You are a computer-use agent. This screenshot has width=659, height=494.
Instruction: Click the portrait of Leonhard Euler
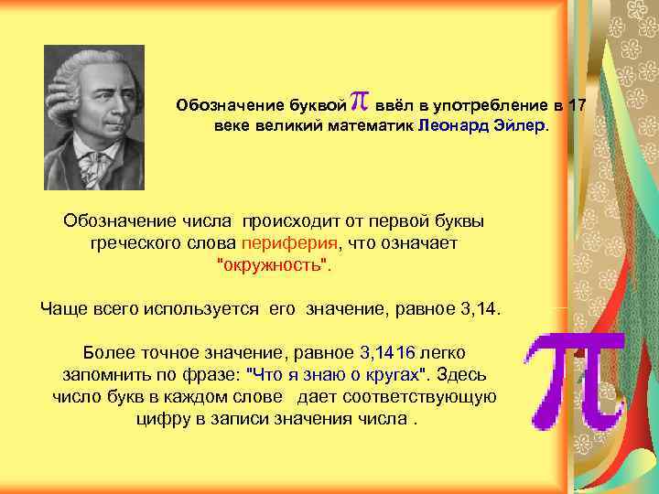(x=93, y=116)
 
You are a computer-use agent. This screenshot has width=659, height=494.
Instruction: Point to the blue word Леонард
(x=453, y=123)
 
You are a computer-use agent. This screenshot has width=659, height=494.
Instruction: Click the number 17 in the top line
(x=576, y=103)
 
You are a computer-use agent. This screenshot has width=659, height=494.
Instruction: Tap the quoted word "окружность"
(x=275, y=265)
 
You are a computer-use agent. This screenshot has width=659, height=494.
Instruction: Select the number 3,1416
(x=388, y=351)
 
